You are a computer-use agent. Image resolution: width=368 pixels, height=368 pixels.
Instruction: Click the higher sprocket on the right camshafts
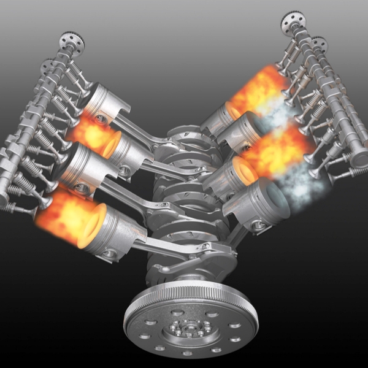click(291, 22)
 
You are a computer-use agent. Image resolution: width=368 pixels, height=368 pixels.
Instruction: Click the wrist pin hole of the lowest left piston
click(110, 251)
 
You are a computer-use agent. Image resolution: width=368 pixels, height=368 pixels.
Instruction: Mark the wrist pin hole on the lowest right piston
click(258, 224)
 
